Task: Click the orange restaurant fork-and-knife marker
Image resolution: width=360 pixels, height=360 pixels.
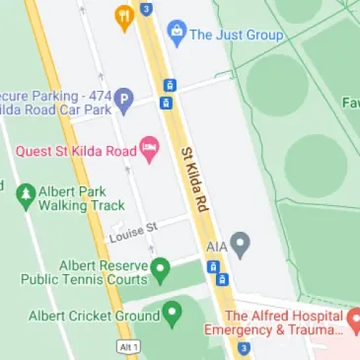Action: pos(123,15)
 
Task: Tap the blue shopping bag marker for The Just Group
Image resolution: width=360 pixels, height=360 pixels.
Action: pos(177,33)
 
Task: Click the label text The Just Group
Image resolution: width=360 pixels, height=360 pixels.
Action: pos(237,34)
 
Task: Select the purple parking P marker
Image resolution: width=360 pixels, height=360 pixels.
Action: pos(123,99)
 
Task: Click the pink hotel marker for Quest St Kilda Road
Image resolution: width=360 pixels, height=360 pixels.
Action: pos(150,151)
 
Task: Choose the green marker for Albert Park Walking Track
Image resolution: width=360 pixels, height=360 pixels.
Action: pos(27,194)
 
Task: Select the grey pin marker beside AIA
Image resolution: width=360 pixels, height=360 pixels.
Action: pos(240,245)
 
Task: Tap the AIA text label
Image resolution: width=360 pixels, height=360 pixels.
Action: pos(217,245)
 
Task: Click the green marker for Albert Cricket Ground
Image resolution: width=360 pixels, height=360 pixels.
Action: pos(173,316)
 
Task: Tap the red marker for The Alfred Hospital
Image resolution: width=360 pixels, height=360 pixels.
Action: pos(357,323)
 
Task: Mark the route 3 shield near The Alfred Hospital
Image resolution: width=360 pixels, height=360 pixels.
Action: pos(244,348)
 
